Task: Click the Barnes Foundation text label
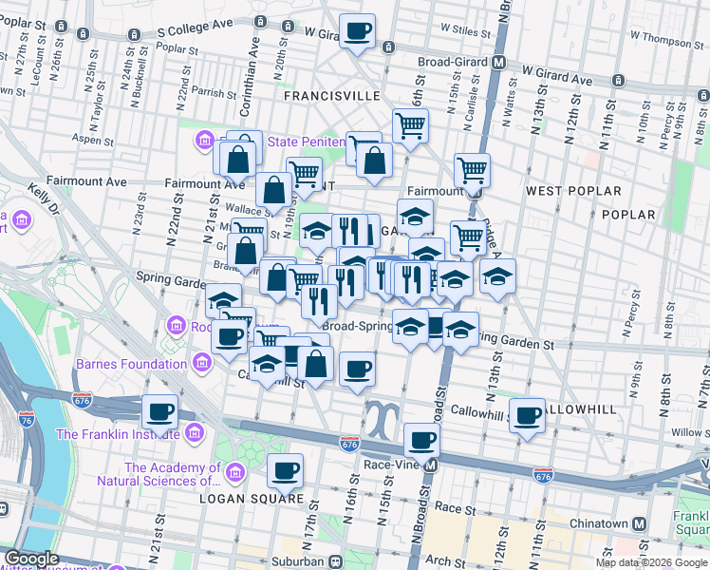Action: click(x=132, y=364)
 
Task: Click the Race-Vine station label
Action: click(x=386, y=465)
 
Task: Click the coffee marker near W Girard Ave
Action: click(x=357, y=32)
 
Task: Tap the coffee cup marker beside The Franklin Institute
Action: click(x=160, y=412)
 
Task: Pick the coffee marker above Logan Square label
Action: click(x=285, y=469)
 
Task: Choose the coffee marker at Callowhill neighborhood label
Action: click(x=527, y=415)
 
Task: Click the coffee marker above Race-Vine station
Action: click(x=421, y=440)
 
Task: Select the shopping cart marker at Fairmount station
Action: click(x=472, y=171)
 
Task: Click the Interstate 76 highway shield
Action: click(x=83, y=401)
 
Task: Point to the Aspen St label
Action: click(x=94, y=140)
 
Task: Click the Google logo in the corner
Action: click(x=31, y=558)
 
